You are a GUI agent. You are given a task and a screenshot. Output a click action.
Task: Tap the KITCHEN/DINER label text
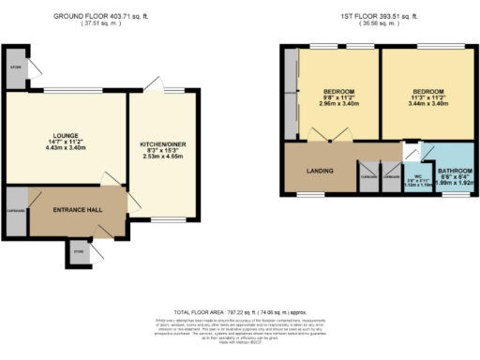(162, 144)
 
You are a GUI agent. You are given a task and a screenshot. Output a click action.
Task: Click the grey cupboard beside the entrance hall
(16, 208)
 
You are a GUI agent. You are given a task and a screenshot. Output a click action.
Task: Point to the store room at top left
(16, 67)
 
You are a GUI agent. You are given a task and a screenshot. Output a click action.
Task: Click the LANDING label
(319, 171)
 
